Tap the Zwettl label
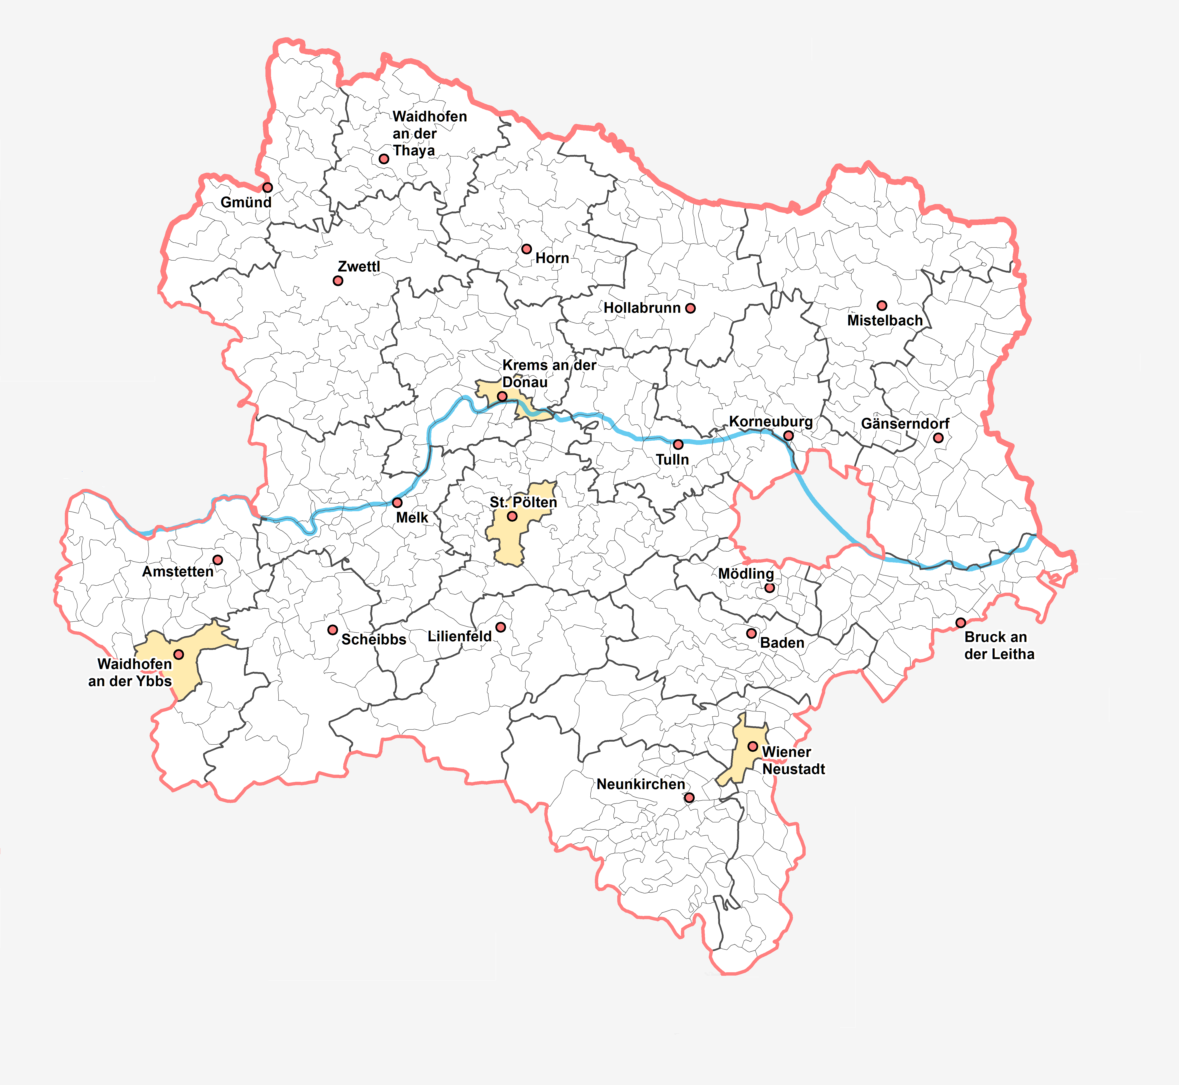[359, 267]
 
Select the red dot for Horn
[527, 249]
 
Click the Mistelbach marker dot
[882, 305]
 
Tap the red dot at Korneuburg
[788, 436]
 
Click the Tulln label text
[672, 460]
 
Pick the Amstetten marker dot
[218, 560]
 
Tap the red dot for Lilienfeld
[500, 627]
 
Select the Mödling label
[746, 574]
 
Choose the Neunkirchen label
[641, 784]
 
